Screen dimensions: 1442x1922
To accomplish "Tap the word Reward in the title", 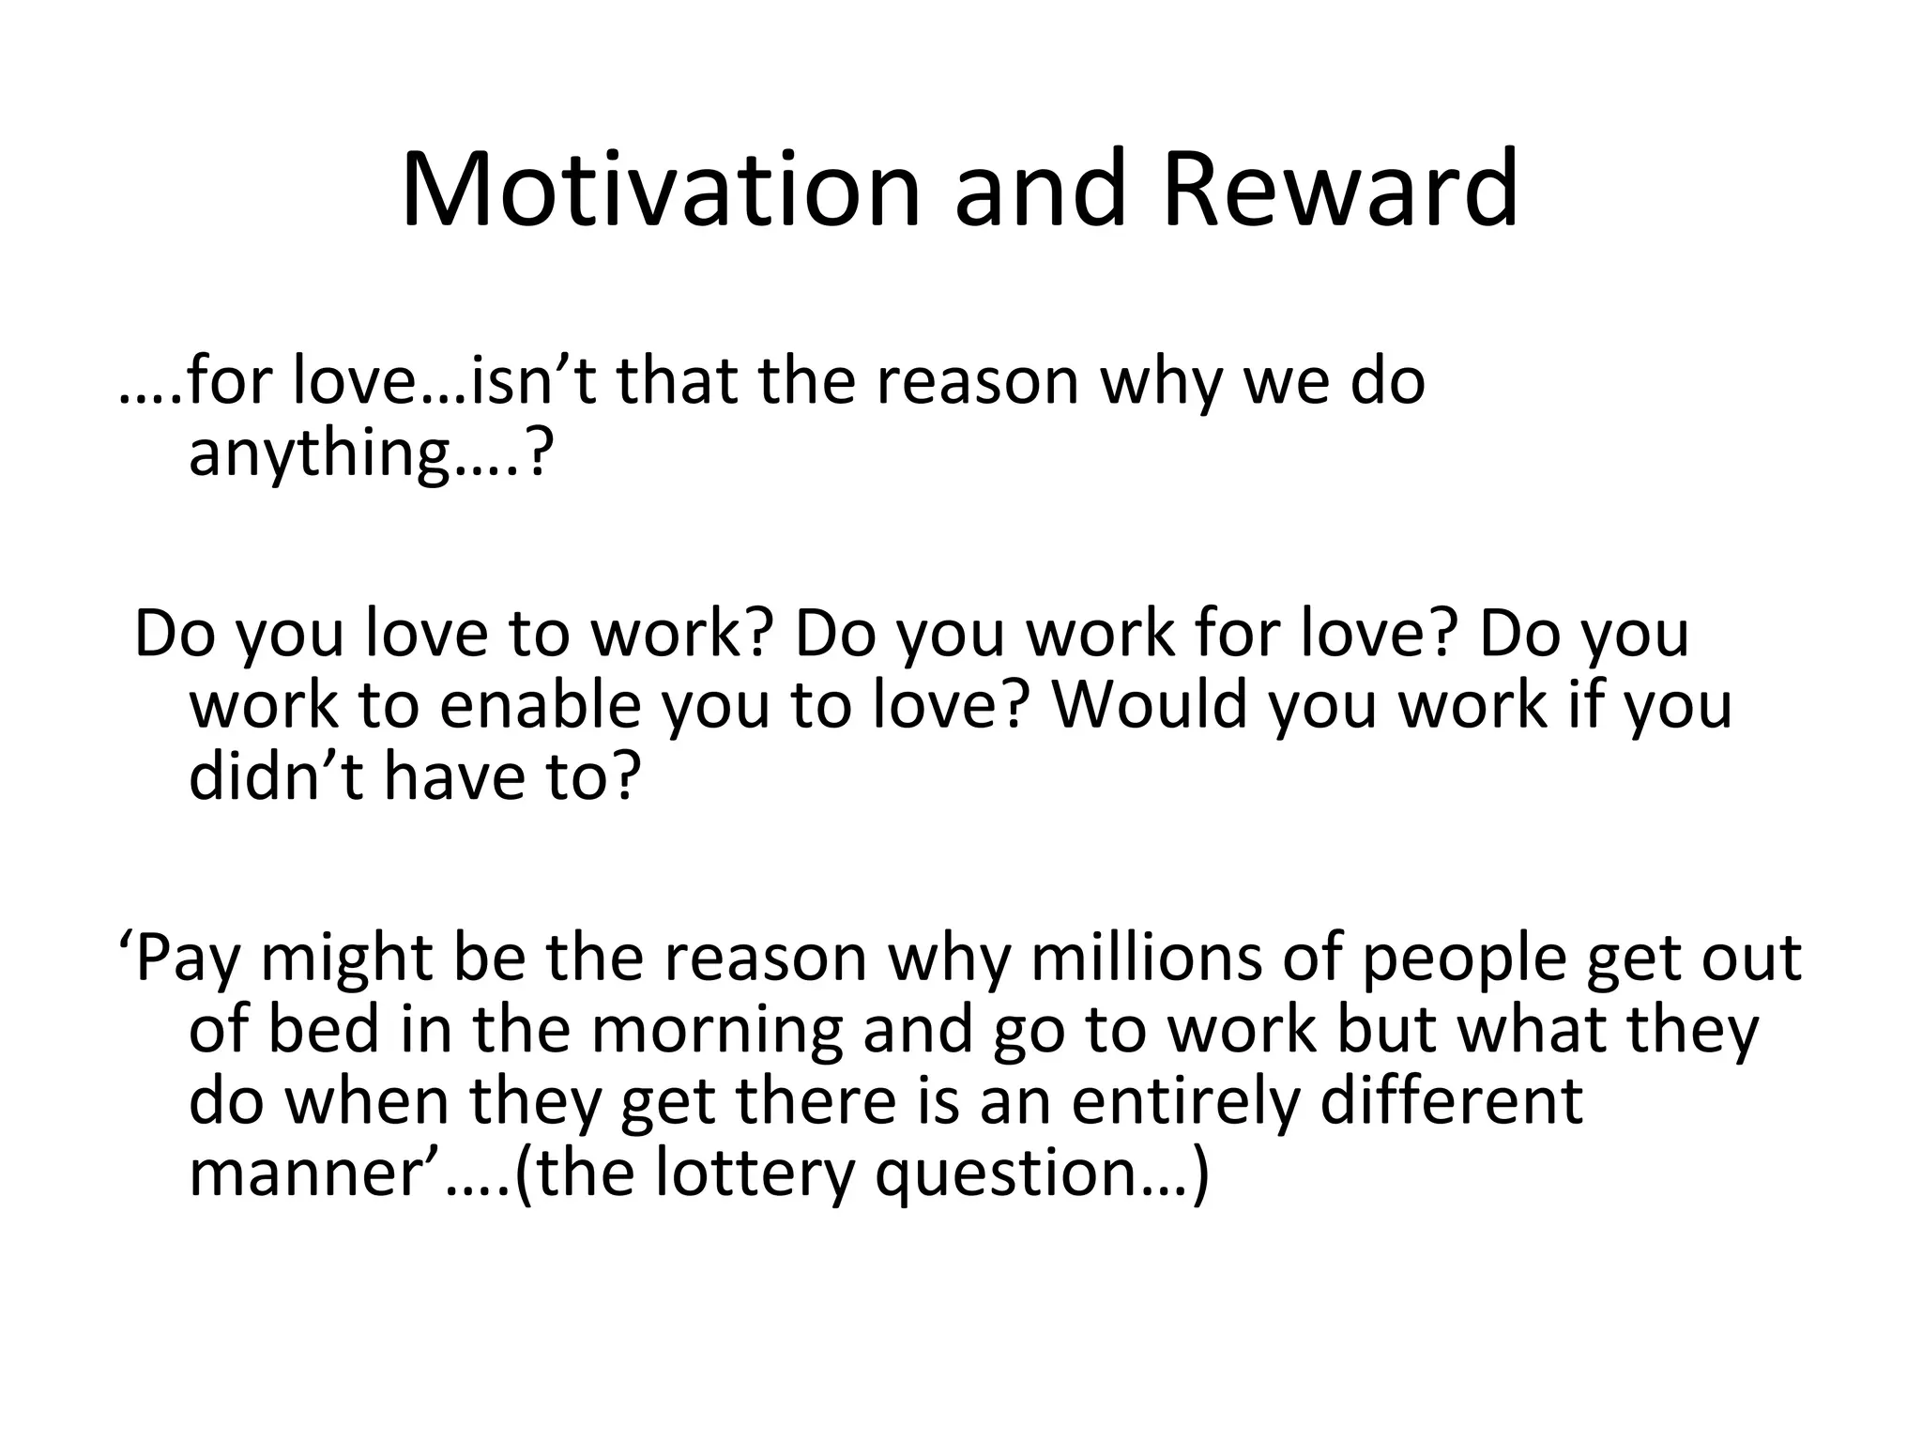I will pyautogui.click(x=1340, y=190).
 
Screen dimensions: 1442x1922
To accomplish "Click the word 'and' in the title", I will pyautogui.click(x=1039, y=190).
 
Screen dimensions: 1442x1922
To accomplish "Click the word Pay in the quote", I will pyautogui.click(x=187, y=959).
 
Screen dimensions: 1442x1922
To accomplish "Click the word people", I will pyautogui.click(x=1464, y=959).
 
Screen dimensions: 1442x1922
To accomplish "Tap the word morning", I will pyautogui.click(x=717, y=1031).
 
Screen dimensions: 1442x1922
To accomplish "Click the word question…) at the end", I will pyautogui.click(x=1043, y=1174).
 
